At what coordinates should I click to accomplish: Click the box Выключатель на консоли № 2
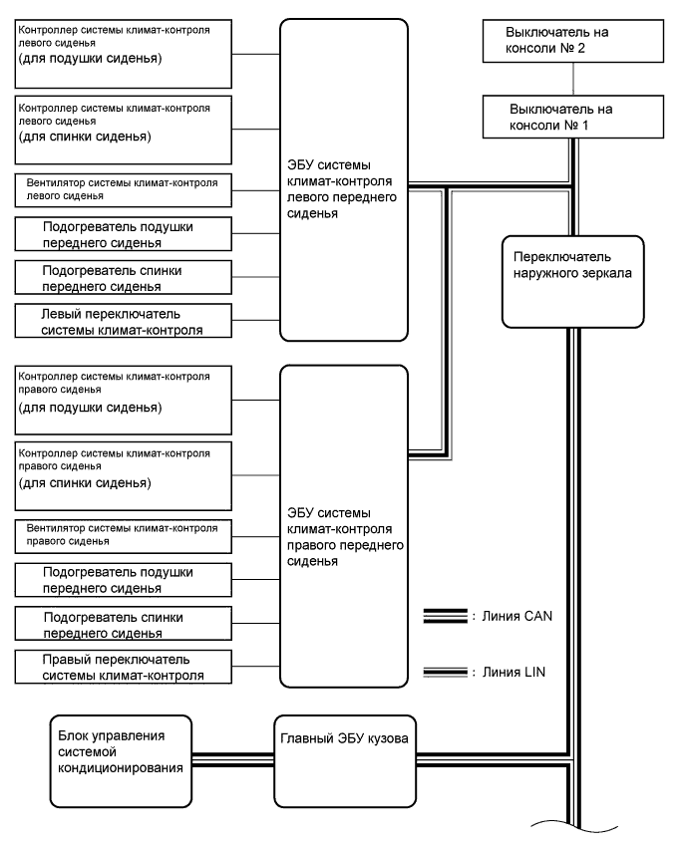pos(568,40)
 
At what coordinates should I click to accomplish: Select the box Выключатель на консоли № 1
pos(568,115)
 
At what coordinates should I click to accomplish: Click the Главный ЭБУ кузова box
pos(344,757)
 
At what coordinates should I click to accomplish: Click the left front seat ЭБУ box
pos(344,179)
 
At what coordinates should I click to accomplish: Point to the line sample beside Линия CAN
pos(445,618)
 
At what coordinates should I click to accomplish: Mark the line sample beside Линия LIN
pos(445,673)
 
